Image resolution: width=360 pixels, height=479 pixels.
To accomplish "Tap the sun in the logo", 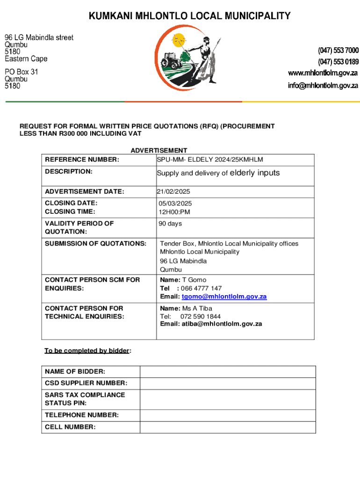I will [178, 41].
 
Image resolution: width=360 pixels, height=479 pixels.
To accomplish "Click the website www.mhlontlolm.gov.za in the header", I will [323, 73].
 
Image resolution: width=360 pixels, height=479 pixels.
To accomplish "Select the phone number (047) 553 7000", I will [338, 51].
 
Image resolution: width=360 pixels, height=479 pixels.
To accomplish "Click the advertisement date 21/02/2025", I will [173, 191].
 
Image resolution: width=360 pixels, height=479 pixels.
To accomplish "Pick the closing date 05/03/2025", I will [175, 203].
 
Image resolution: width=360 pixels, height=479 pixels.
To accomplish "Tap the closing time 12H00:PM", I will [174, 212].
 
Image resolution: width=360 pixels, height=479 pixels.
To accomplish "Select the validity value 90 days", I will [170, 224].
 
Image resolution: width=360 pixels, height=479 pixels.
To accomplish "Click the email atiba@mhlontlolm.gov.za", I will [222, 324].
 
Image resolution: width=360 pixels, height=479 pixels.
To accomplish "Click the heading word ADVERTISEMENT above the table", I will [158, 151].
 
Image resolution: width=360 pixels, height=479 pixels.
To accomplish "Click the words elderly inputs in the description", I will [255, 173].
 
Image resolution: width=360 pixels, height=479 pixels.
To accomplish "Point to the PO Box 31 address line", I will [22, 72].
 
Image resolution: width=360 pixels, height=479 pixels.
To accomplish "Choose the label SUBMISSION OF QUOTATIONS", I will [95, 243].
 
